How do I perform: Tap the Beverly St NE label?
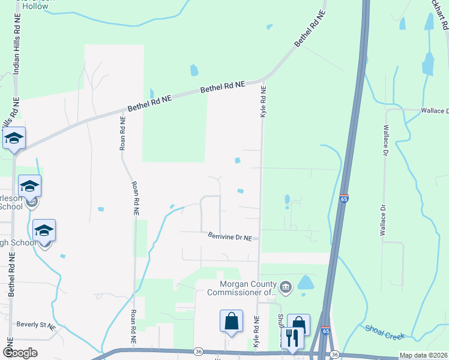[x=36, y=325]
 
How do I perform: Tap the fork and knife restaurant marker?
[x=292, y=338]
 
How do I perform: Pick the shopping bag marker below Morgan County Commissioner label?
[x=231, y=322]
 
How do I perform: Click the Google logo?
[x=20, y=353]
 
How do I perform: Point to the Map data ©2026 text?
[x=424, y=355]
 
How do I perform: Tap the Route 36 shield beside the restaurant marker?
[x=334, y=354]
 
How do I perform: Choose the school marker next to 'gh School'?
[x=44, y=230]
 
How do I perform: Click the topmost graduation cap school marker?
[x=14, y=139]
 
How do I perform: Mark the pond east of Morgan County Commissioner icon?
[x=306, y=282]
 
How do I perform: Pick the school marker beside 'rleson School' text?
[x=29, y=186]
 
